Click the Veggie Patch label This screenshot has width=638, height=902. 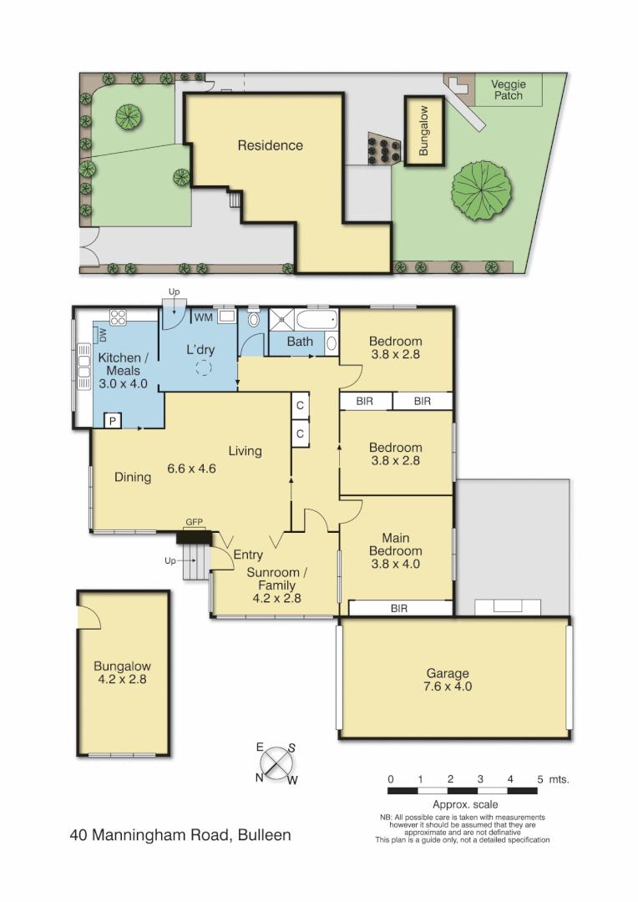508,89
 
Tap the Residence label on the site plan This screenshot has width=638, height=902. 270,145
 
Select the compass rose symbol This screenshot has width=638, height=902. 276,763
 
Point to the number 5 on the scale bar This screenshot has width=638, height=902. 540,779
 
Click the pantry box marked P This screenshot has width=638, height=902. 112,421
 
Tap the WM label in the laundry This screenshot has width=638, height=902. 203,317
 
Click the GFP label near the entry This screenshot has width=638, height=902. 195,522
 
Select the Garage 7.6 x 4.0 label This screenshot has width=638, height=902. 448,680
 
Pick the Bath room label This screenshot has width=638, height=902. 300,342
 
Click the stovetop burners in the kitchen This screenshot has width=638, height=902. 118,317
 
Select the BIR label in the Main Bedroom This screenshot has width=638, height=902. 399,609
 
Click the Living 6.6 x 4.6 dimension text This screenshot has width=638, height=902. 191,469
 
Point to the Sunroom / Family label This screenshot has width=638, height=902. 277,585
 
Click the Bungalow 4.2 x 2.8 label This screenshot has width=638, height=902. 122,673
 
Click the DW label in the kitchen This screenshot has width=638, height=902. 104,335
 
